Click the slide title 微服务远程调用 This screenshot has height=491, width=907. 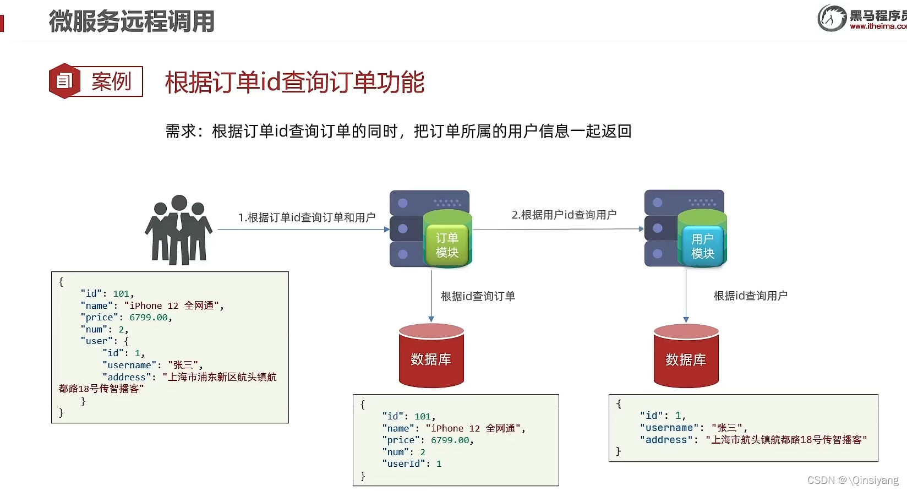(x=131, y=21)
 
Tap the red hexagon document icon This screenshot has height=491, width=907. (x=64, y=81)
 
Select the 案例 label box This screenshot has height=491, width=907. (x=111, y=81)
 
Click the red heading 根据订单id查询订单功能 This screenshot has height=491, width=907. (x=294, y=83)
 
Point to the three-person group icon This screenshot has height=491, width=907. (x=178, y=230)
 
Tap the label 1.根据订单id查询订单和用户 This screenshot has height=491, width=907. (x=307, y=217)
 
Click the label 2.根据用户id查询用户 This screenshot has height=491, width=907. (x=564, y=215)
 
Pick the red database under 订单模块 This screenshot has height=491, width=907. (x=431, y=356)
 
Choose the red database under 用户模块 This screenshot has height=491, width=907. (x=686, y=357)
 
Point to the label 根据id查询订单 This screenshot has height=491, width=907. (x=478, y=296)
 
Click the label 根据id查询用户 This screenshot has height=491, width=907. (x=750, y=296)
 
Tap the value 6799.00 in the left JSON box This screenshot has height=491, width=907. (x=149, y=317)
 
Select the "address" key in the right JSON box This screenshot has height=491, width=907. (x=666, y=440)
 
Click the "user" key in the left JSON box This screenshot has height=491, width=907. (x=96, y=341)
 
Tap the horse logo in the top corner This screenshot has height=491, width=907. (x=832, y=18)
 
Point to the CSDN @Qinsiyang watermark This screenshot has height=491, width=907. (x=853, y=480)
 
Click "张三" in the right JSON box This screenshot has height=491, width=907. (x=726, y=428)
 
